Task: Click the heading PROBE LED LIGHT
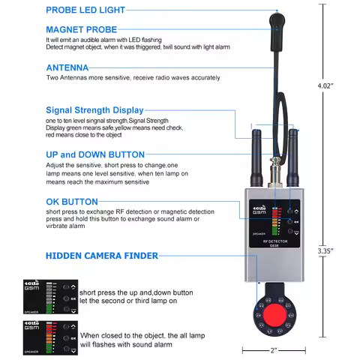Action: (x=85, y=10)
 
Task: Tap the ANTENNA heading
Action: (x=68, y=67)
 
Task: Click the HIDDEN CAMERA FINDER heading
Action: (x=102, y=256)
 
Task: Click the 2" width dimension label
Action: (x=273, y=350)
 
